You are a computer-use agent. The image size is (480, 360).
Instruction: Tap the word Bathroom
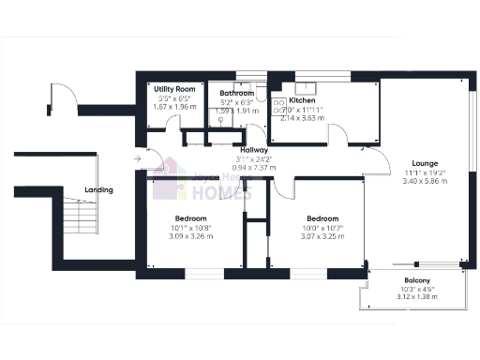(x=236, y=94)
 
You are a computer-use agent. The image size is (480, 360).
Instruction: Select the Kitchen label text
(x=302, y=99)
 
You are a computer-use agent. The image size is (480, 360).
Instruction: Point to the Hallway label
(x=254, y=150)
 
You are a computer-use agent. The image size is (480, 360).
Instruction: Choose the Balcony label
(x=417, y=281)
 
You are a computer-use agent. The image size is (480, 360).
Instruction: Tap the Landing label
(x=98, y=190)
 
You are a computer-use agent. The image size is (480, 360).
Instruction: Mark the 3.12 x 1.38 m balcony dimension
(x=417, y=299)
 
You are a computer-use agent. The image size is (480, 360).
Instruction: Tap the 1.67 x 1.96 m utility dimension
(x=173, y=106)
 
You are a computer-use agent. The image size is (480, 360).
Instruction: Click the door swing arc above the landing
(x=62, y=97)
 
